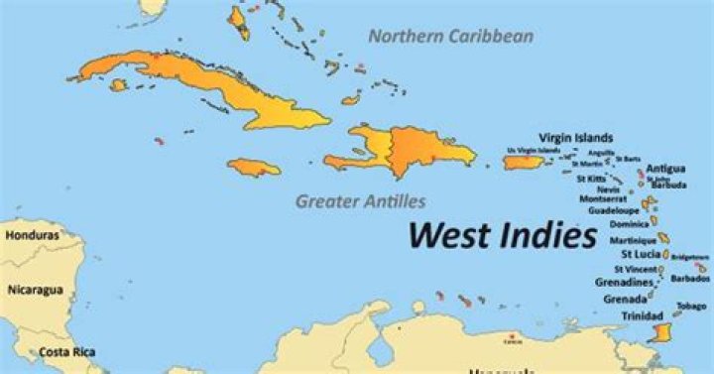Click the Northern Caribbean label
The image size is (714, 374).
pyautogui.click(x=451, y=37)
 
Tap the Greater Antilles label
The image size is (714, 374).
pyautogui.click(x=360, y=201)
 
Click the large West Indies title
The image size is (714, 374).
pyautogui.click(x=504, y=235)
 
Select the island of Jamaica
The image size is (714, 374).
pyautogui.click(x=253, y=168)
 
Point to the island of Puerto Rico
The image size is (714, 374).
pyautogui.click(x=522, y=162)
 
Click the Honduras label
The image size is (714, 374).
pyautogui.click(x=31, y=236)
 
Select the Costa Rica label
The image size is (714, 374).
pyautogui.click(x=66, y=352)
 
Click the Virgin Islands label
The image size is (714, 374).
pyautogui.click(x=575, y=137)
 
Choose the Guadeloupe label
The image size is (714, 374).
pyautogui.click(x=614, y=211)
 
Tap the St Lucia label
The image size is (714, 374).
pyautogui.click(x=641, y=254)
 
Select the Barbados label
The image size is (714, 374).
pyautogui.click(x=690, y=279)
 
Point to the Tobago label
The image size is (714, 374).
pyautogui.click(x=691, y=306)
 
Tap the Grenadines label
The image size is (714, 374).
pyautogui.click(x=623, y=283)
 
